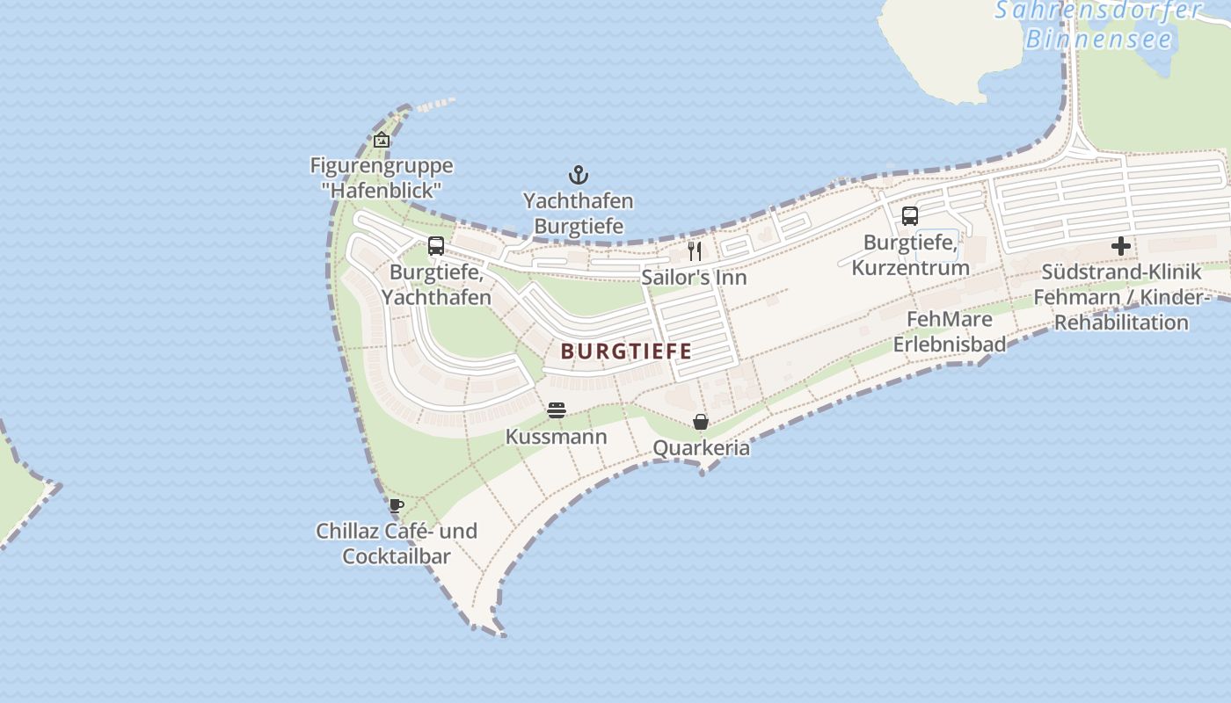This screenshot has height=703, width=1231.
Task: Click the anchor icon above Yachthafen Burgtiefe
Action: point(578,174)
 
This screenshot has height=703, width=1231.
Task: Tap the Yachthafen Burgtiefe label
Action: point(578,214)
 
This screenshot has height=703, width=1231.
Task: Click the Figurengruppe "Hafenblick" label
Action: point(382,178)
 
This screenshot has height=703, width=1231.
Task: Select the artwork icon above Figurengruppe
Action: point(382,140)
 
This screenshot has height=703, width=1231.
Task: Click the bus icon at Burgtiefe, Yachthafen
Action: point(436,246)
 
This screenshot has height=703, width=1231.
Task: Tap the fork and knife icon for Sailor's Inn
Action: point(695,251)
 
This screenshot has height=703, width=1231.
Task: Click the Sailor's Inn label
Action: point(694,278)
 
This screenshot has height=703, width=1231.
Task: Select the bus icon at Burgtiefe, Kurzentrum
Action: point(910,215)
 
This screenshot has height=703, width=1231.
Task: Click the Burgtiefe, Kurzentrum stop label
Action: point(910,255)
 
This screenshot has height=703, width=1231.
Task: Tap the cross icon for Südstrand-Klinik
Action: point(1121,246)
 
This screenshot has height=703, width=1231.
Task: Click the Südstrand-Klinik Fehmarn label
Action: point(1121,297)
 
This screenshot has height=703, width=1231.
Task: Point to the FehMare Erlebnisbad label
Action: point(950,331)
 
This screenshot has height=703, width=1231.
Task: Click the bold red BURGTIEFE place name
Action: point(626,351)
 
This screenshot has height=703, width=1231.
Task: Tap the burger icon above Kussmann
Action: point(556,410)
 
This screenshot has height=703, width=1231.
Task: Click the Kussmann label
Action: point(556,437)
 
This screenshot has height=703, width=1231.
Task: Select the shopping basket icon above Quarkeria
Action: point(701,422)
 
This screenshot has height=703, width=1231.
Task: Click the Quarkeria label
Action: point(701,448)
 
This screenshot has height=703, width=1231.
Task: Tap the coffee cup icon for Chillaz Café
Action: point(397,505)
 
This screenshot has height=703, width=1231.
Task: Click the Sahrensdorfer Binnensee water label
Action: point(1099,25)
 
